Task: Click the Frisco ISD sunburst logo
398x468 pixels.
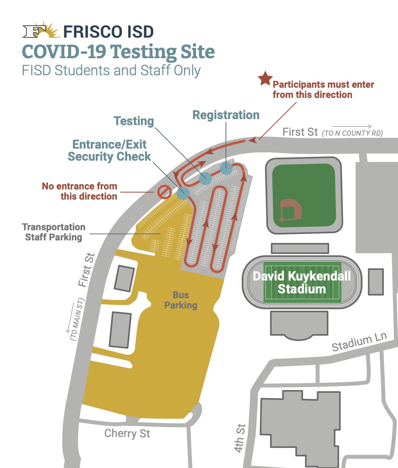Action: tap(41, 30)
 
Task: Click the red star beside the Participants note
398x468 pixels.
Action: tap(265, 78)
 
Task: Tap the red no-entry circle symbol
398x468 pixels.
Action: tap(165, 192)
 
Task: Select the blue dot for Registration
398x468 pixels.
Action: tap(226, 168)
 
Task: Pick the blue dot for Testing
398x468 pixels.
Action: tap(205, 178)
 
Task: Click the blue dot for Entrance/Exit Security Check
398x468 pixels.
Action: tap(183, 193)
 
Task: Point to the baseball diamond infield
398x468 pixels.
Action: tap(291, 210)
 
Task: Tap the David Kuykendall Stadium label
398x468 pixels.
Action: tap(302, 282)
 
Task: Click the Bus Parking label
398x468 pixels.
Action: tap(180, 300)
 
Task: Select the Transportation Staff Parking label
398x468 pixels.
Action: tap(53, 232)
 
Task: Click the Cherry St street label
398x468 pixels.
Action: tap(127, 433)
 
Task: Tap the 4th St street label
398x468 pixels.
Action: tap(240, 439)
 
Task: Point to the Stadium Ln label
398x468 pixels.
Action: tap(359, 342)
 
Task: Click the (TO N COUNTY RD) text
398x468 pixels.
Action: tap(352, 133)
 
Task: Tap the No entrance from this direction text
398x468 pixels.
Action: tap(79, 191)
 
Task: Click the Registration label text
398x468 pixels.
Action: tap(226, 115)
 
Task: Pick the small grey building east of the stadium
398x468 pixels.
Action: tap(376, 282)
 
